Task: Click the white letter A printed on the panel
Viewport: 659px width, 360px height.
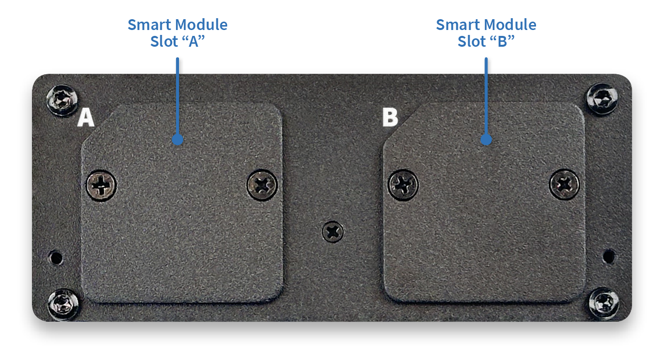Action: (x=86, y=118)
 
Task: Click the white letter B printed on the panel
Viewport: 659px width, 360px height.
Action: (x=390, y=117)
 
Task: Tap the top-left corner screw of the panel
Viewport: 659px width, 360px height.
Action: (x=62, y=100)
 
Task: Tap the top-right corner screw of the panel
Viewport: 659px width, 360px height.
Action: (x=602, y=99)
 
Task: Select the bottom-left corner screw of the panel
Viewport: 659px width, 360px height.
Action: (x=63, y=304)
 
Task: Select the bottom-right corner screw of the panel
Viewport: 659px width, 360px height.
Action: (x=604, y=303)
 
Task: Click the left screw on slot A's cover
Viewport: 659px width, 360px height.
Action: (x=101, y=185)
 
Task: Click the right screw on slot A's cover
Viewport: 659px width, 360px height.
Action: (x=262, y=185)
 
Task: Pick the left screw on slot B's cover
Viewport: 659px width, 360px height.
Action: (x=403, y=185)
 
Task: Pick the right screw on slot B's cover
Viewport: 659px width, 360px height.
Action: (x=564, y=185)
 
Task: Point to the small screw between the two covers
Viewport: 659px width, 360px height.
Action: (x=333, y=232)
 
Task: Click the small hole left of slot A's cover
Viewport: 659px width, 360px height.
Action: (x=56, y=258)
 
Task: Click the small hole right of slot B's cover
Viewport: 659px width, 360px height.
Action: (x=609, y=256)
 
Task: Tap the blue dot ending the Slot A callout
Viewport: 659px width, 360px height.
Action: (x=178, y=139)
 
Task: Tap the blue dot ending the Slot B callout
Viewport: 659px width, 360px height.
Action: (x=486, y=139)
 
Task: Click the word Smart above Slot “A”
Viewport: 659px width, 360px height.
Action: (x=149, y=25)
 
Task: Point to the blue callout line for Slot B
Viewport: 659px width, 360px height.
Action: (x=486, y=98)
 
